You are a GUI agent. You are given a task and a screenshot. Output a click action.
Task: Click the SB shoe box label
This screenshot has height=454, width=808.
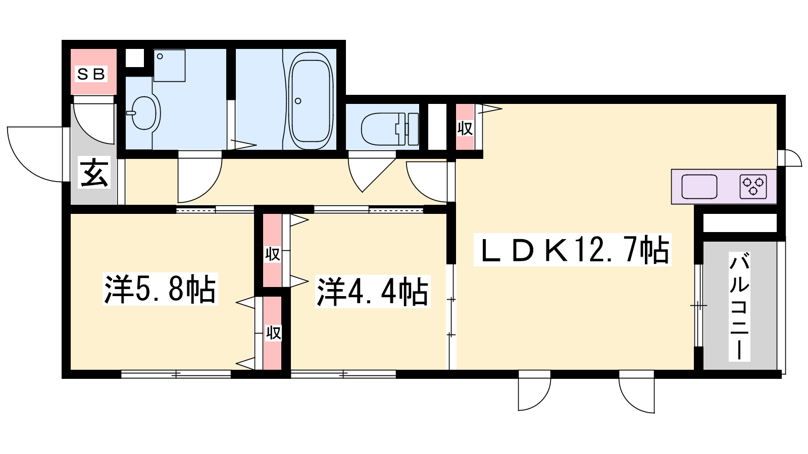pyautogui.click(x=91, y=74)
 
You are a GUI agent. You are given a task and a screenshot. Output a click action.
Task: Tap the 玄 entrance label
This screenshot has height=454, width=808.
pyautogui.click(x=94, y=174)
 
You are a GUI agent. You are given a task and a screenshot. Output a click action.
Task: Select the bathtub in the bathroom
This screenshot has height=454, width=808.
pyautogui.click(x=311, y=100)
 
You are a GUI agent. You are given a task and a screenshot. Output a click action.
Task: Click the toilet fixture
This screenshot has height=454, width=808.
pyautogui.click(x=389, y=129)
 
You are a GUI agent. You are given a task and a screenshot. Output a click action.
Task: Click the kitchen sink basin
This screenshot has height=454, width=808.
pyautogui.click(x=699, y=186)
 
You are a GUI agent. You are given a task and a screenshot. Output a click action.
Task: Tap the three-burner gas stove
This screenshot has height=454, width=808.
pyautogui.click(x=753, y=186)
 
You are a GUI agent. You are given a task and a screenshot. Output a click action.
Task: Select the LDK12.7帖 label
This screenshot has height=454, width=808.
pyautogui.click(x=573, y=250)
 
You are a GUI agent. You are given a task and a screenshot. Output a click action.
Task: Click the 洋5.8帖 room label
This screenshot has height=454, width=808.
pyautogui.click(x=160, y=289)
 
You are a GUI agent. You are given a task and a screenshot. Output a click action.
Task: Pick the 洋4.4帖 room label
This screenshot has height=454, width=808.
pyautogui.click(x=373, y=291)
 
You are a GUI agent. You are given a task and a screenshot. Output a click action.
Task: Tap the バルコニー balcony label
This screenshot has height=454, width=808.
pyautogui.click(x=739, y=306)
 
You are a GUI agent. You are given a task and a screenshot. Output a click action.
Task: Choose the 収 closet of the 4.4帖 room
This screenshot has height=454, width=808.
pyautogui.click(x=273, y=254)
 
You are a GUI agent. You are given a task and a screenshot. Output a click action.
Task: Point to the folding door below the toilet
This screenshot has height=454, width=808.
pyautogui.click(x=372, y=173)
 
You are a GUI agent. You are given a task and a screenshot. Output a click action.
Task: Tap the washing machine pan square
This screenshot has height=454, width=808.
pyautogui.click(x=169, y=66)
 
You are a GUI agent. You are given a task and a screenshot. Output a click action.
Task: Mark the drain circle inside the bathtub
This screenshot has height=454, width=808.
pyautogui.click(x=298, y=101)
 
